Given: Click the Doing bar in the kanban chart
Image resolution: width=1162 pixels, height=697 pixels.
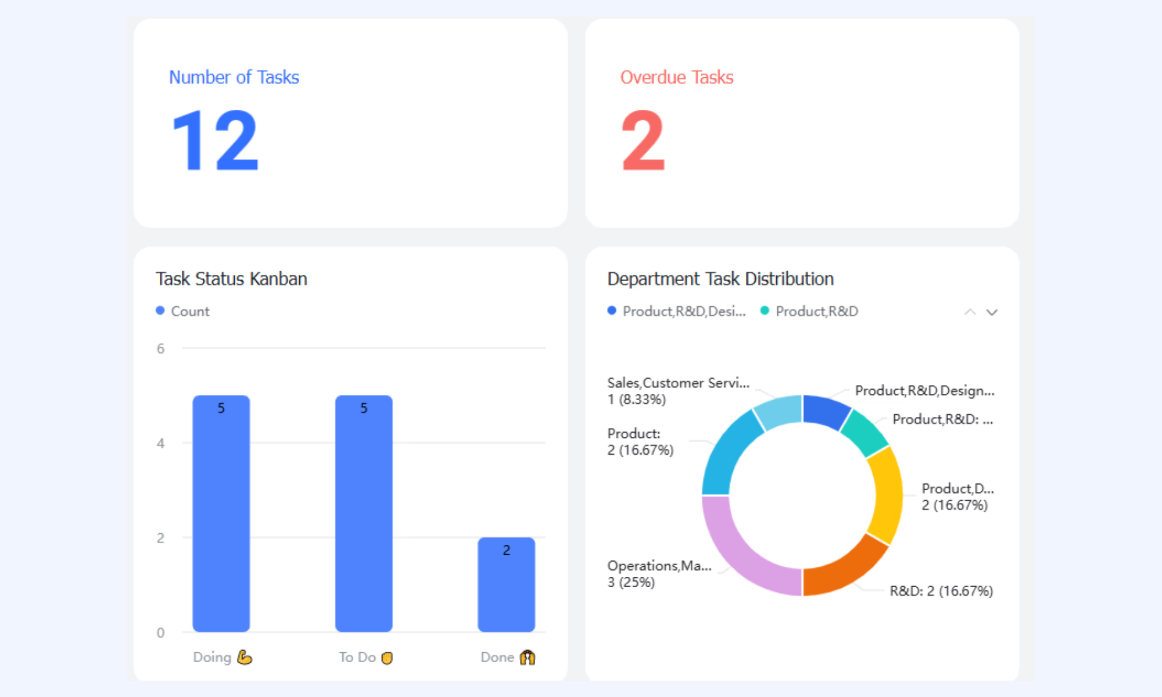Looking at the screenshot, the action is pyautogui.click(x=221, y=513).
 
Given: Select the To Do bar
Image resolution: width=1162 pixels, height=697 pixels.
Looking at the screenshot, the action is pyautogui.click(x=364, y=513).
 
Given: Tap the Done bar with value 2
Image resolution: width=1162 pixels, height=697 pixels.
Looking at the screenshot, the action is pyautogui.click(x=506, y=584).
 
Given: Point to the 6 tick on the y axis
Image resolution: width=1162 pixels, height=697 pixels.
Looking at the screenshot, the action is pyautogui.click(x=160, y=348).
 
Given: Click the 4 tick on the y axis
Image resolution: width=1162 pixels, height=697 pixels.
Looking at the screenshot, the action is pyautogui.click(x=160, y=443).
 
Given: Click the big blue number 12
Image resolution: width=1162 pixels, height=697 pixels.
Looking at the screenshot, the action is pyautogui.click(x=215, y=141).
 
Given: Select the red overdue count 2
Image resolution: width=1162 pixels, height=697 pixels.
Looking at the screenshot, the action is pyautogui.click(x=643, y=141).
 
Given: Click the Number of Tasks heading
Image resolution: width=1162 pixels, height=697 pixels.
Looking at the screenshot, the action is pyautogui.click(x=234, y=77).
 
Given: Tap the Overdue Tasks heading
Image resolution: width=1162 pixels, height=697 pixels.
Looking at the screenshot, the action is pyautogui.click(x=677, y=77).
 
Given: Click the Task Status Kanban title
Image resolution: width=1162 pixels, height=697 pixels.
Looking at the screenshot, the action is pyautogui.click(x=231, y=279).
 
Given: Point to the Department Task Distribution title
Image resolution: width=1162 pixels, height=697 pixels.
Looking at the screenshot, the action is pyautogui.click(x=720, y=279).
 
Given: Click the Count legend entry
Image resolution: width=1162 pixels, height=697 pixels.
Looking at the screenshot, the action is pyautogui.click(x=182, y=311).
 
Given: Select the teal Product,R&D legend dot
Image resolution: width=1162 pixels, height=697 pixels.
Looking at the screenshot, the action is pyautogui.click(x=765, y=311).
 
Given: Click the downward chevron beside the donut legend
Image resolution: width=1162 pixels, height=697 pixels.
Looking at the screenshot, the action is pyautogui.click(x=992, y=312).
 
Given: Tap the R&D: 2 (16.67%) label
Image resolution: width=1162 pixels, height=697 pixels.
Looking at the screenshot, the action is pyautogui.click(x=941, y=591).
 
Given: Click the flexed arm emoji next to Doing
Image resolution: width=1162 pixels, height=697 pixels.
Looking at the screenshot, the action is pyautogui.click(x=245, y=657).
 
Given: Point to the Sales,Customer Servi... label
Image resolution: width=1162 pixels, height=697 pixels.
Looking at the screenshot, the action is pyautogui.click(x=679, y=383).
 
